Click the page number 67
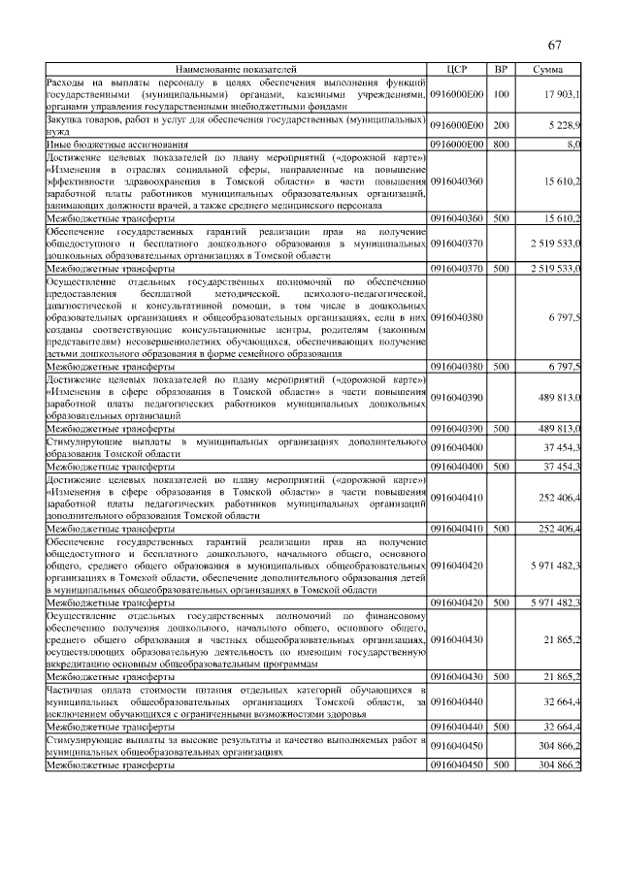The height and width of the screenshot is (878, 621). (555, 46)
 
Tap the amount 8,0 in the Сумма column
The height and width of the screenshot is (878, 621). (572, 144)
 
